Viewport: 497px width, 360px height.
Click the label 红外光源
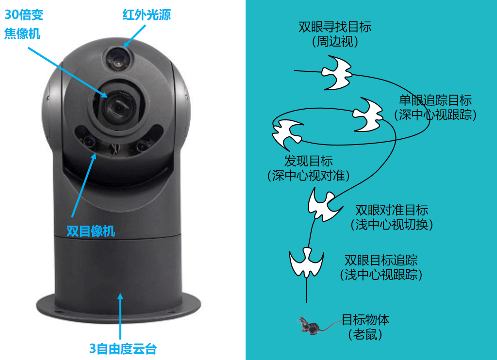147,15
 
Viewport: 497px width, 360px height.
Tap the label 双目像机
91,231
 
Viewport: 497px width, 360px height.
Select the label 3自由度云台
123,348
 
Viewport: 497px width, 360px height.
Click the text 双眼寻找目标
335,27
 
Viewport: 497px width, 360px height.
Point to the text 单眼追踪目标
435,100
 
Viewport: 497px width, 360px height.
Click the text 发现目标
308,161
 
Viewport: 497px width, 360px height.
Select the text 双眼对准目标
392,210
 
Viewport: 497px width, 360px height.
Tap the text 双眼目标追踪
381,260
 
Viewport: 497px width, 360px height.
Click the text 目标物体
365,320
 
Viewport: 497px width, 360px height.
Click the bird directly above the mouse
307,262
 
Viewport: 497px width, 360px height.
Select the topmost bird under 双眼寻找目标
337,73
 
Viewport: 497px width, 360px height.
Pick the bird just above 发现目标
287,134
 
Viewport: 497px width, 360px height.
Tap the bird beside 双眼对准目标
324,204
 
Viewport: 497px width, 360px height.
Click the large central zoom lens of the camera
118,106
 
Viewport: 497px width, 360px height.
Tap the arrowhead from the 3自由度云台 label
120,296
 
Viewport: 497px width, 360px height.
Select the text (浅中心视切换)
392,224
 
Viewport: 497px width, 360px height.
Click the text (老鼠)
365,334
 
